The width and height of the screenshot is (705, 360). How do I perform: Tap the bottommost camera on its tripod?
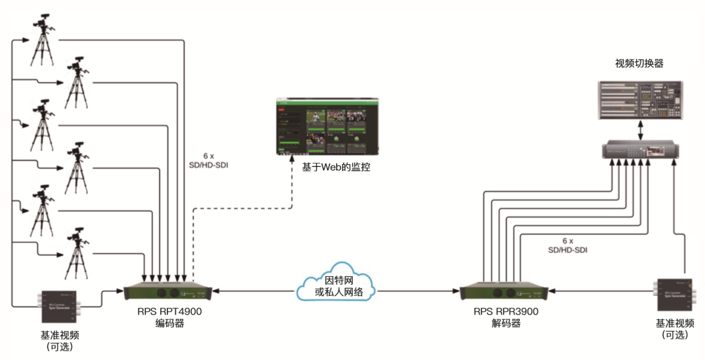[x=77, y=252]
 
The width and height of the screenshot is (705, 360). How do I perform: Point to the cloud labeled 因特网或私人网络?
[x=336, y=286]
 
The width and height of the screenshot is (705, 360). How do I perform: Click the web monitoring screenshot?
[x=328, y=127]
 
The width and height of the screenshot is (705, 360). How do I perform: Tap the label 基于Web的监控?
[x=336, y=166]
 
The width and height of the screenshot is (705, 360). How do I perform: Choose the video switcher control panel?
[x=640, y=100]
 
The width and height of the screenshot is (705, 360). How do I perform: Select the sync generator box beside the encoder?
[x=59, y=306]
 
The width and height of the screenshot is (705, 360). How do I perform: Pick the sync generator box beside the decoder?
[x=674, y=295]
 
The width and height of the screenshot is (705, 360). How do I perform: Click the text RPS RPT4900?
[x=169, y=312]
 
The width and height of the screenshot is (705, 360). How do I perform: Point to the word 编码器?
[x=169, y=323]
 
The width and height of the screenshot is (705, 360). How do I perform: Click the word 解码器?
[x=506, y=323]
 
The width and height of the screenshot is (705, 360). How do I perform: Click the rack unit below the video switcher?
[x=640, y=150]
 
